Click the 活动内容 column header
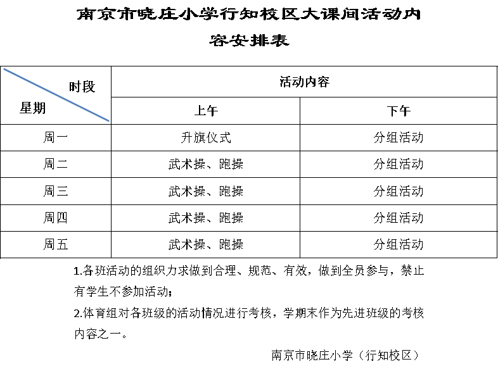[304, 82]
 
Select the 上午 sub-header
[206, 111]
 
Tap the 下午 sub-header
[399, 111]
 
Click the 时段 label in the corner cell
[82, 87]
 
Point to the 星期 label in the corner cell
[32, 108]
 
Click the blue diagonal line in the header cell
[56, 94]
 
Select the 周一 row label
[56, 137]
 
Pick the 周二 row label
[56, 164]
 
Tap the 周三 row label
[56, 191]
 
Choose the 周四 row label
[56, 218]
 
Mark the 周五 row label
[56, 244]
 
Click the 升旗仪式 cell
[206, 137]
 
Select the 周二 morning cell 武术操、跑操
[206, 164]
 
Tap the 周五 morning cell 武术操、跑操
[206, 244]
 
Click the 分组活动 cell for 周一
[399, 137]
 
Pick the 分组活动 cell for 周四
[399, 218]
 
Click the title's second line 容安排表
[249, 41]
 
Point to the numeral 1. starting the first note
[78, 271]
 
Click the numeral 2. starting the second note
[78, 313]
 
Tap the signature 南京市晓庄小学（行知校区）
[345, 355]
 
